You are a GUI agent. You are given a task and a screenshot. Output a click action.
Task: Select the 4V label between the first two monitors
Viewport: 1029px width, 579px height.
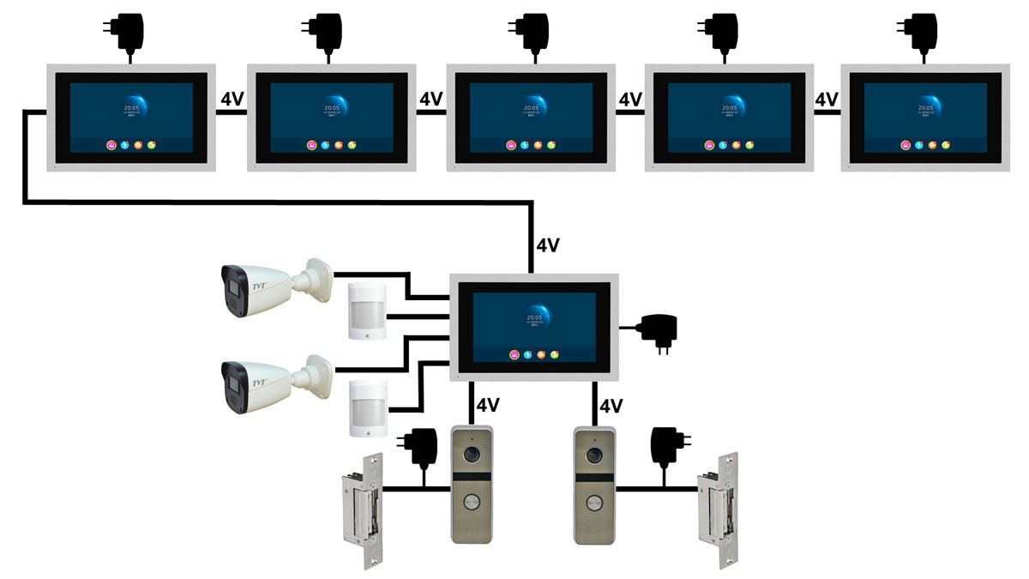click(232, 100)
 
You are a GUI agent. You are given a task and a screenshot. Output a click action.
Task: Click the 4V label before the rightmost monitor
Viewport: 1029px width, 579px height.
click(827, 100)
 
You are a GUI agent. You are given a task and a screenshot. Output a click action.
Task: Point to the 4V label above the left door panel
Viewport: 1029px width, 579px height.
click(488, 405)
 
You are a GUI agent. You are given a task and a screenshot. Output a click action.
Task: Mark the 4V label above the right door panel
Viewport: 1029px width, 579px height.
click(611, 405)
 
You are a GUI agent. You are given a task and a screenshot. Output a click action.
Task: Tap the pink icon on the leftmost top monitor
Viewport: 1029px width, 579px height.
click(112, 145)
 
